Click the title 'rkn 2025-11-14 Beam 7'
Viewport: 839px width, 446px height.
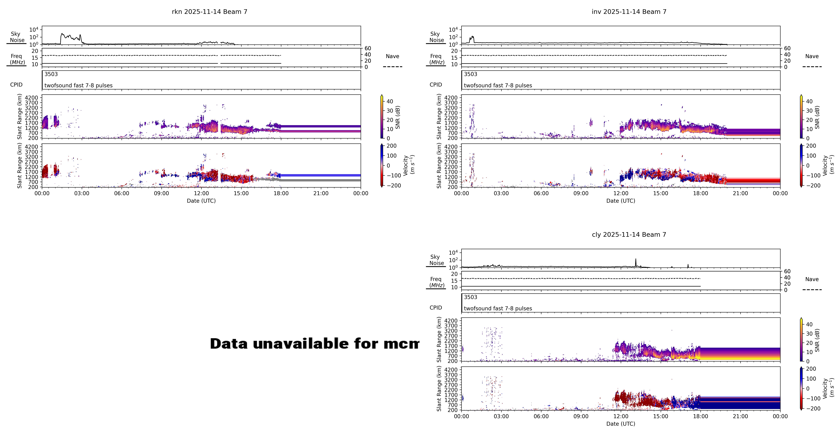click(x=209, y=12)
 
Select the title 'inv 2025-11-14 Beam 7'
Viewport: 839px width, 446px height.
click(x=629, y=12)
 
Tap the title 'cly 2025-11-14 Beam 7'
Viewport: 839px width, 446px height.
click(x=629, y=235)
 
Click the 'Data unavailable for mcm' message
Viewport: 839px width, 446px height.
click(x=314, y=344)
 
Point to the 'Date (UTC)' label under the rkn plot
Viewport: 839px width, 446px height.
click(x=201, y=201)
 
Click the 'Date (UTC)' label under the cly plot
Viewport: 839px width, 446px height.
click(x=620, y=424)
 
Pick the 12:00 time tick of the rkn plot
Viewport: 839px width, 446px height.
click(x=201, y=193)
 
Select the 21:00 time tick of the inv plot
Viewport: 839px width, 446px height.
click(x=740, y=193)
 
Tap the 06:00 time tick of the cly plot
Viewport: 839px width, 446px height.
click(x=541, y=416)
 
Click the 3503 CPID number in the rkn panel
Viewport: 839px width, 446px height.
click(x=51, y=74)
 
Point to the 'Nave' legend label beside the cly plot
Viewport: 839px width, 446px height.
click(x=812, y=279)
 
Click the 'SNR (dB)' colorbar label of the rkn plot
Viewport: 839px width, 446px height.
click(x=398, y=117)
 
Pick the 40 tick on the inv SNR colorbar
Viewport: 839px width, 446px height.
click(x=809, y=101)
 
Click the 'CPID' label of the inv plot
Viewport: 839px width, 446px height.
click(x=436, y=85)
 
